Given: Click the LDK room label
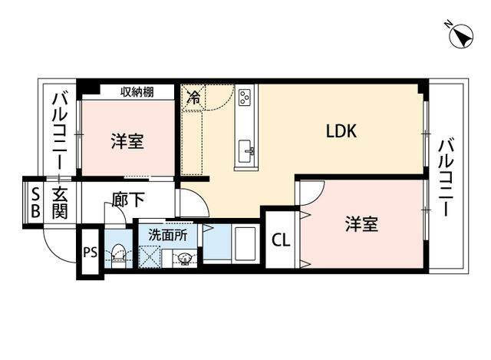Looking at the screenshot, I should pos(341,131).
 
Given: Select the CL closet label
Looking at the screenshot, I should pos(281,240).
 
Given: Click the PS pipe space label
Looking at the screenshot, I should pos(90,252).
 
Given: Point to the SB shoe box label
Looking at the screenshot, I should pos(35,200).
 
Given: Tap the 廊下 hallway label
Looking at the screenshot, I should pos(127,201).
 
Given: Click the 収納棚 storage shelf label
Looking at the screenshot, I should pos(137,92).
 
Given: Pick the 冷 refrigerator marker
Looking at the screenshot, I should pos(194,97).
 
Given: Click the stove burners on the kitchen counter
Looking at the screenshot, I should pos(245,97).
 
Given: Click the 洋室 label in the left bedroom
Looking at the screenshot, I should pos(127,141).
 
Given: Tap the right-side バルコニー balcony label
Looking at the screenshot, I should pos(447,177).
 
